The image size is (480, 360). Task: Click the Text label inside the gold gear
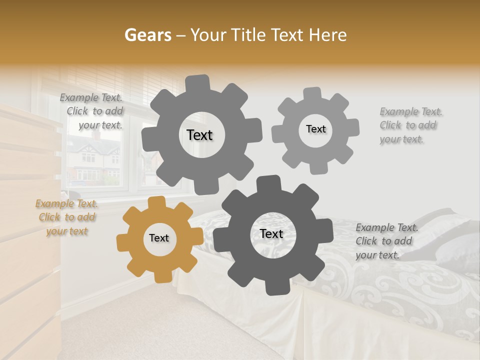pos(159,238)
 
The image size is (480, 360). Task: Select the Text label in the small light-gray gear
pos(315,129)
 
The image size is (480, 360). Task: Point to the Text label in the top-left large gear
pos(199,135)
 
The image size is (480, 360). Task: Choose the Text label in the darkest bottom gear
pos(271,233)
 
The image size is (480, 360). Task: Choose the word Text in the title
pos(288,35)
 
